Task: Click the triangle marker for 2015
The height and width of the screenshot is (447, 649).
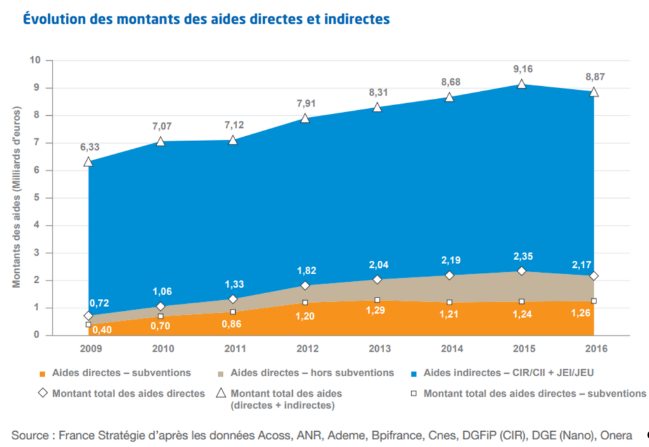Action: pyautogui.click(x=522, y=84)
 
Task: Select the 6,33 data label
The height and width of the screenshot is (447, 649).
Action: pyautogui.click(x=89, y=148)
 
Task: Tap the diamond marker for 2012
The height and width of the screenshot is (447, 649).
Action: pyautogui.click(x=305, y=286)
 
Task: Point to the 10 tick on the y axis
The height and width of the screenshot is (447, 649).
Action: pyautogui.click(x=35, y=61)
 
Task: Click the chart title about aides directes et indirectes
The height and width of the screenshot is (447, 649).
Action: pyautogui.click(x=206, y=20)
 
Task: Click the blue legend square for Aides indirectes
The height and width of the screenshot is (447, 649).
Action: pyautogui.click(x=414, y=373)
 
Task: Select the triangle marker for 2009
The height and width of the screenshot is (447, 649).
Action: pyautogui.click(x=89, y=162)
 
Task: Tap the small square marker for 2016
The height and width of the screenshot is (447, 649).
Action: pyautogui.click(x=594, y=301)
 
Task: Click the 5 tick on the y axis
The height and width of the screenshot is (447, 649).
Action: pyautogui.click(x=37, y=198)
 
